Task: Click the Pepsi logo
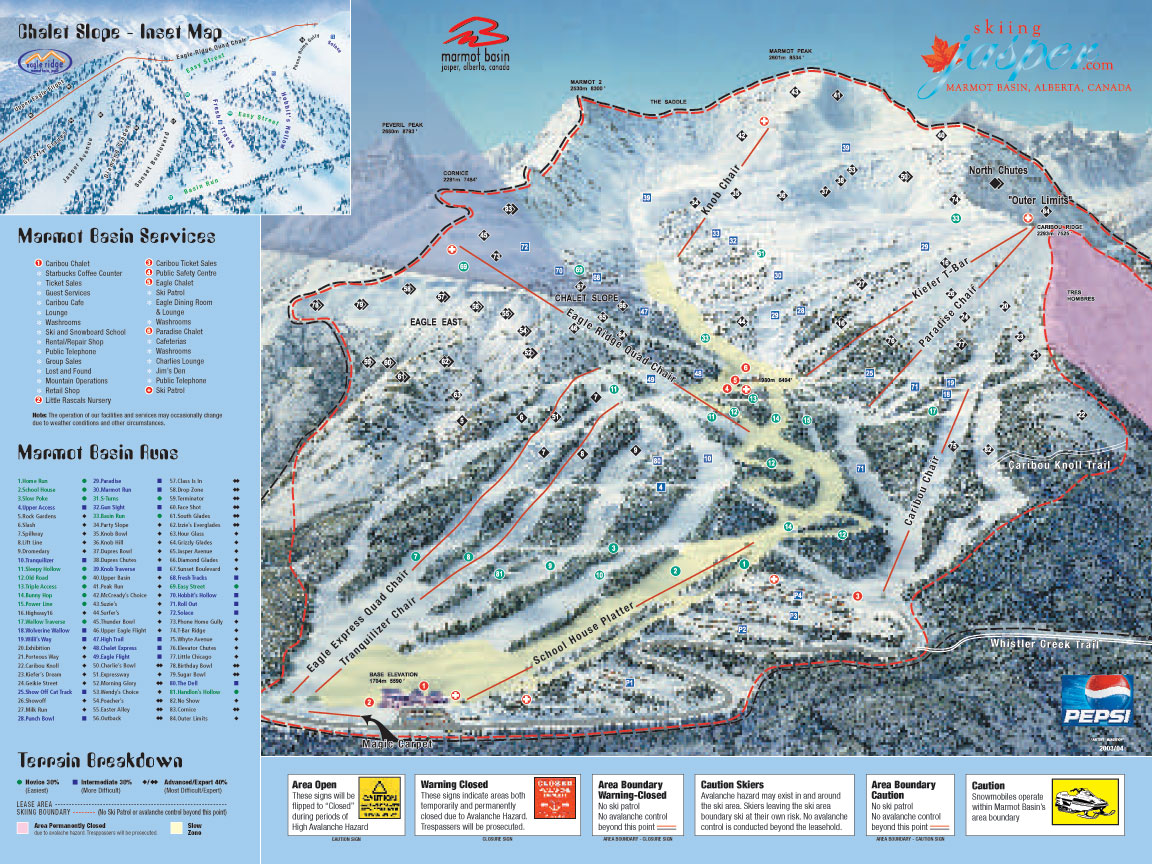point(1097,699)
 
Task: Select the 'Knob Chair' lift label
point(706,189)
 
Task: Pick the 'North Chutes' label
point(997,170)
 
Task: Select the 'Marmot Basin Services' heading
point(116,237)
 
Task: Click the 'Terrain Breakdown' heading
point(93,757)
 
